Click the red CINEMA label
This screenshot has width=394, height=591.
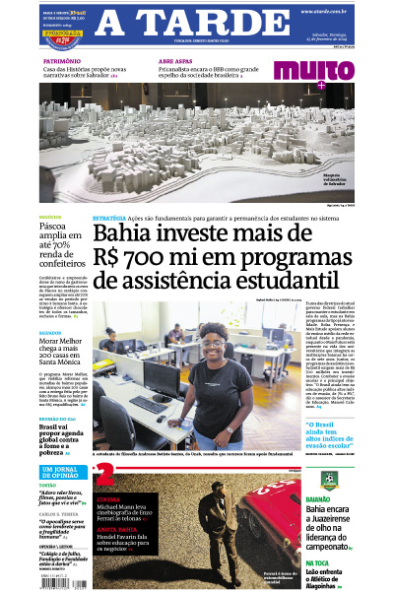(x=109, y=499)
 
